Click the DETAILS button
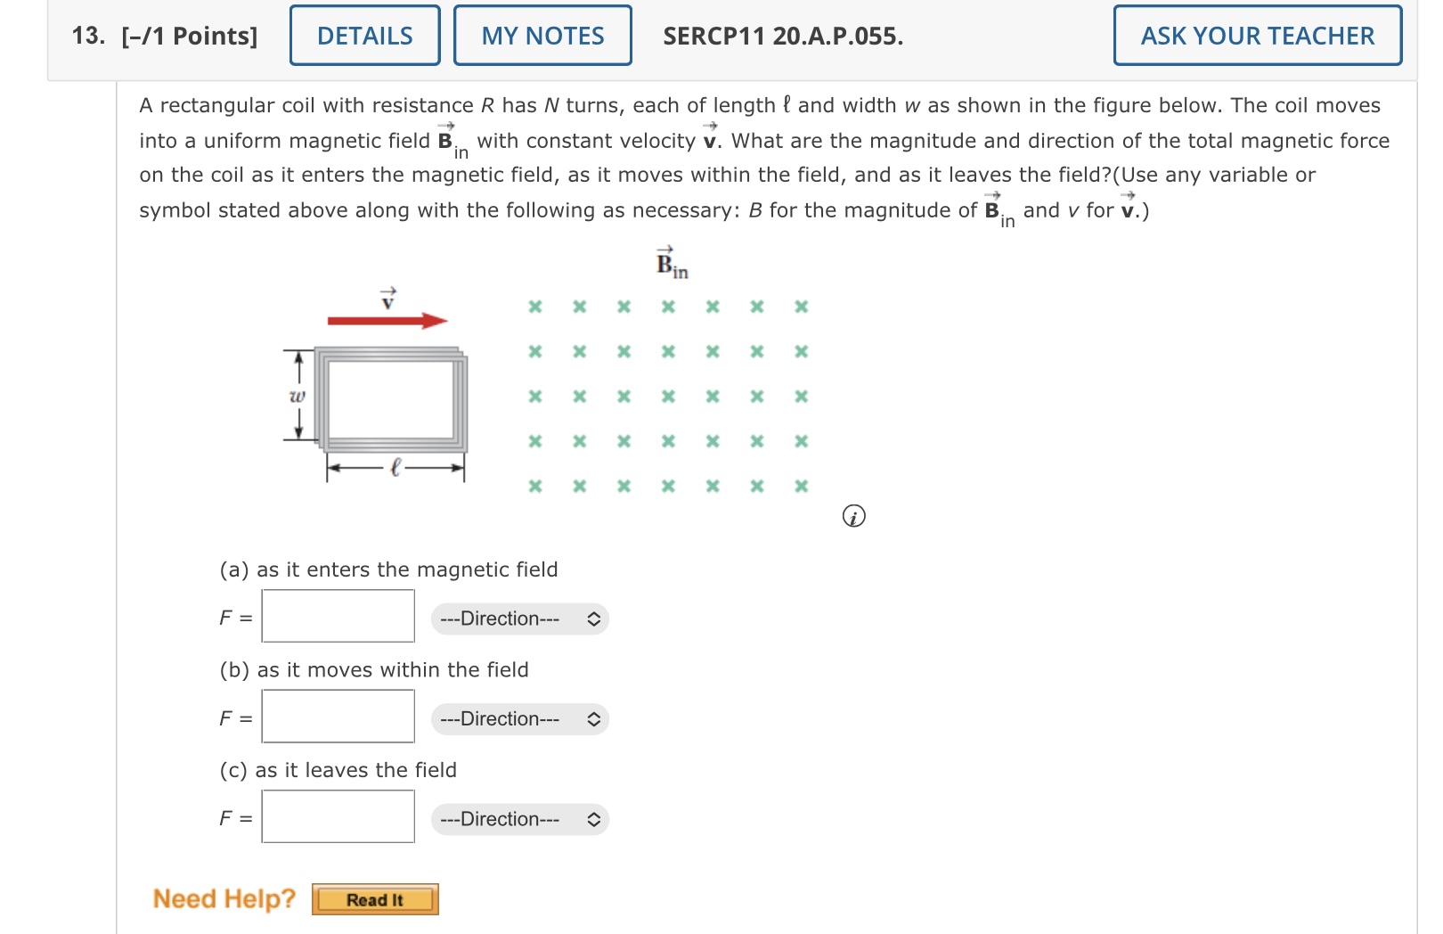(364, 36)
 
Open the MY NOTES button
(542, 36)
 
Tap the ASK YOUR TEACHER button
(1257, 36)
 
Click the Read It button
(375, 899)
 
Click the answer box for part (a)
(338, 616)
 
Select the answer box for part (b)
(338, 717)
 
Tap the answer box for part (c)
(338, 816)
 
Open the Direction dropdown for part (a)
(519, 619)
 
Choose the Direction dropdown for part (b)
(519, 719)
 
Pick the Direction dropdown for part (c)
(519, 819)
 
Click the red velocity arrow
(387, 321)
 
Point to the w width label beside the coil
(297, 395)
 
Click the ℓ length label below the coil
(396, 466)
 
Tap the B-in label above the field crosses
(671, 265)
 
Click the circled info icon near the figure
(853, 517)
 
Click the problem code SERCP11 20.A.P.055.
(783, 36)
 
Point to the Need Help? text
(224, 898)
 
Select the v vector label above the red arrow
(387, 299)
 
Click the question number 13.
(88, 36)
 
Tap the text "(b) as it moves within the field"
(374, 670)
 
